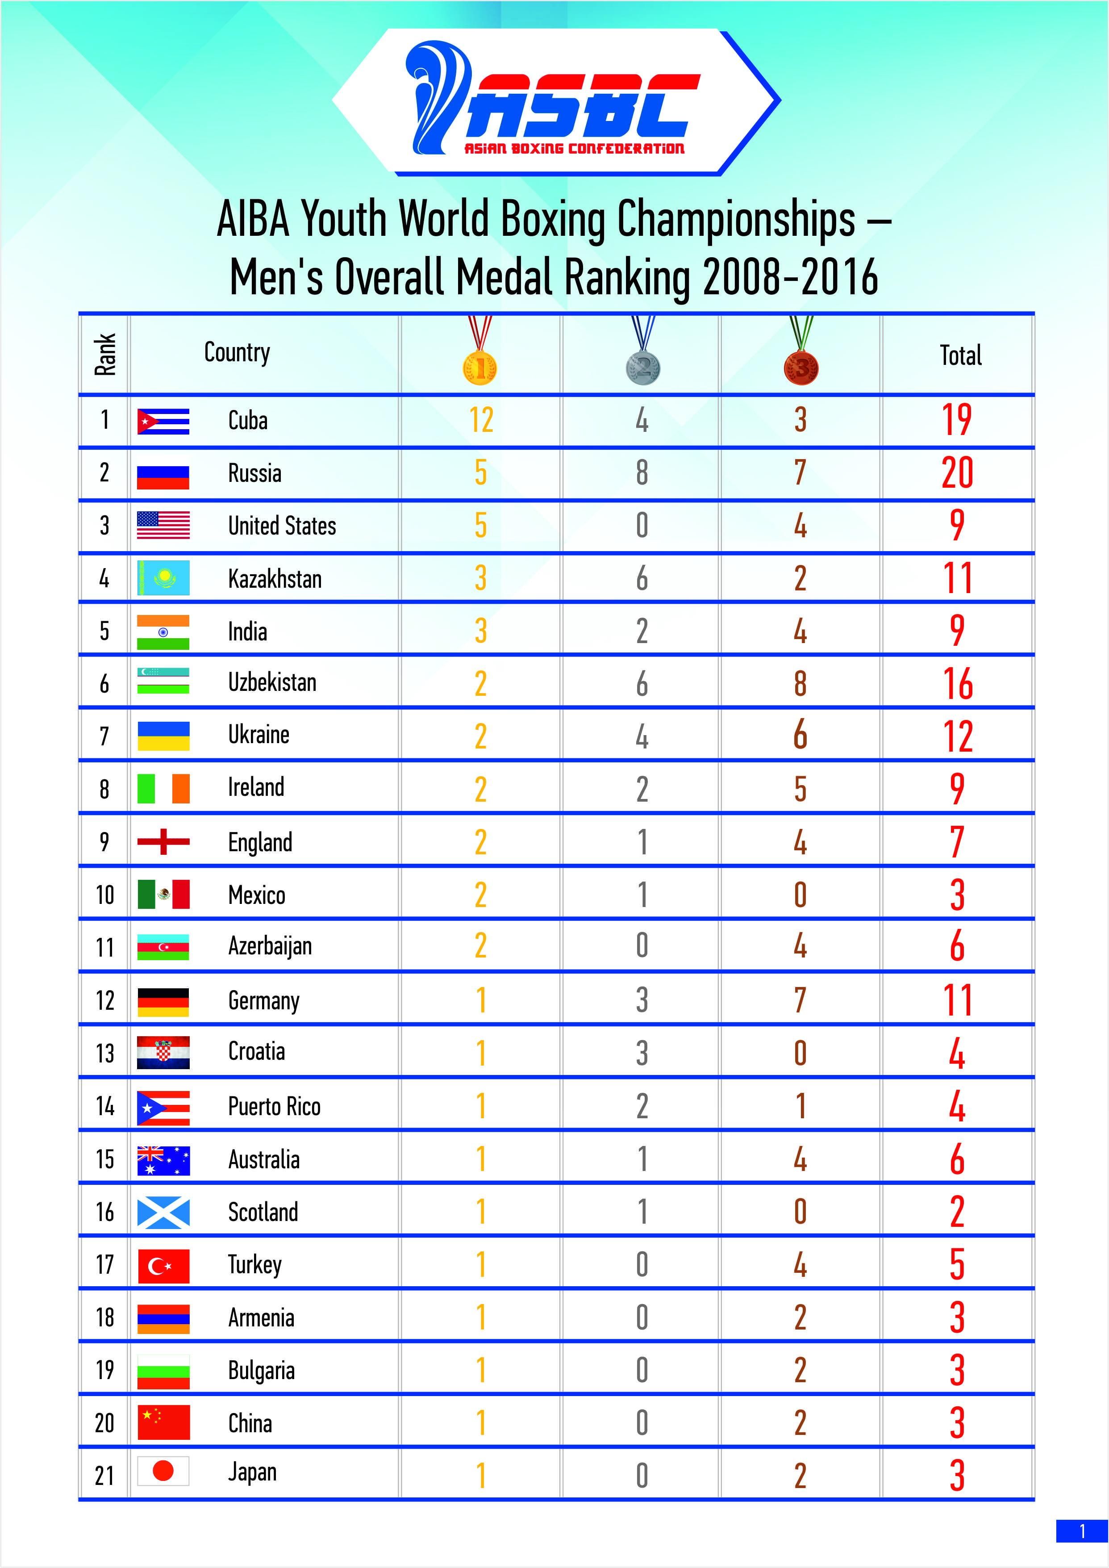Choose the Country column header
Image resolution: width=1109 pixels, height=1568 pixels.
(237, 352)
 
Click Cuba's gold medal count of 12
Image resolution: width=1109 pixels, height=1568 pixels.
(481, 419)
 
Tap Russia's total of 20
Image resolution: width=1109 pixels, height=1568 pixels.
(957, 472)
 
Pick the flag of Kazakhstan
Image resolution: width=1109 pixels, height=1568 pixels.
(163, 578)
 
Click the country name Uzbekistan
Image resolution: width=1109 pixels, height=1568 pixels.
(272, 682)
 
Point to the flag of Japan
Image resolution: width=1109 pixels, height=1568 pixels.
(163, 1472)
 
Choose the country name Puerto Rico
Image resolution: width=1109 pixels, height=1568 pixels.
(274, 1106)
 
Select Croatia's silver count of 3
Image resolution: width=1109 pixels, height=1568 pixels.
(642, 1053)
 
